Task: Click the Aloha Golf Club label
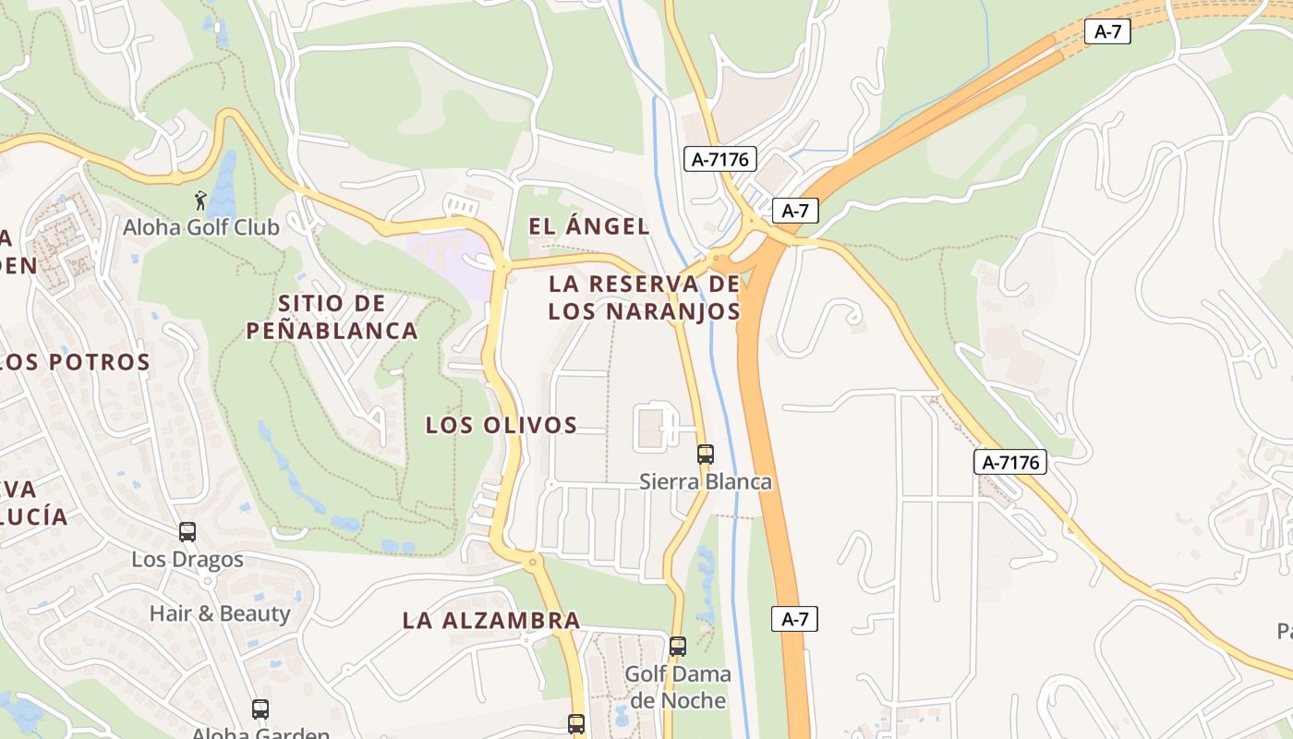click(200, 226)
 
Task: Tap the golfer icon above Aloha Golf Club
click(200, 200)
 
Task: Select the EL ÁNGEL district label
click(588, 225)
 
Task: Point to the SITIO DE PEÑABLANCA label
click(332, 317)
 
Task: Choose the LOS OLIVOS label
click(501, 425)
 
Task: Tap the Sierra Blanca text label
click(706, 481)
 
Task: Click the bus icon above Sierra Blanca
click(705, 454)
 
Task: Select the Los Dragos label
click(187, 559)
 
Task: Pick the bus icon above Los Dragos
click(187, 532)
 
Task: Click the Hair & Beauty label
click(220, 613)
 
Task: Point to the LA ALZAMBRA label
click(491, 621)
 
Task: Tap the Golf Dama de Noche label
click(678, 686)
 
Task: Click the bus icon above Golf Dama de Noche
click(678, 647)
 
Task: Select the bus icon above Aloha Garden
click(260, 709)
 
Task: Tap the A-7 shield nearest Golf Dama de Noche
click(794, 619)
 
